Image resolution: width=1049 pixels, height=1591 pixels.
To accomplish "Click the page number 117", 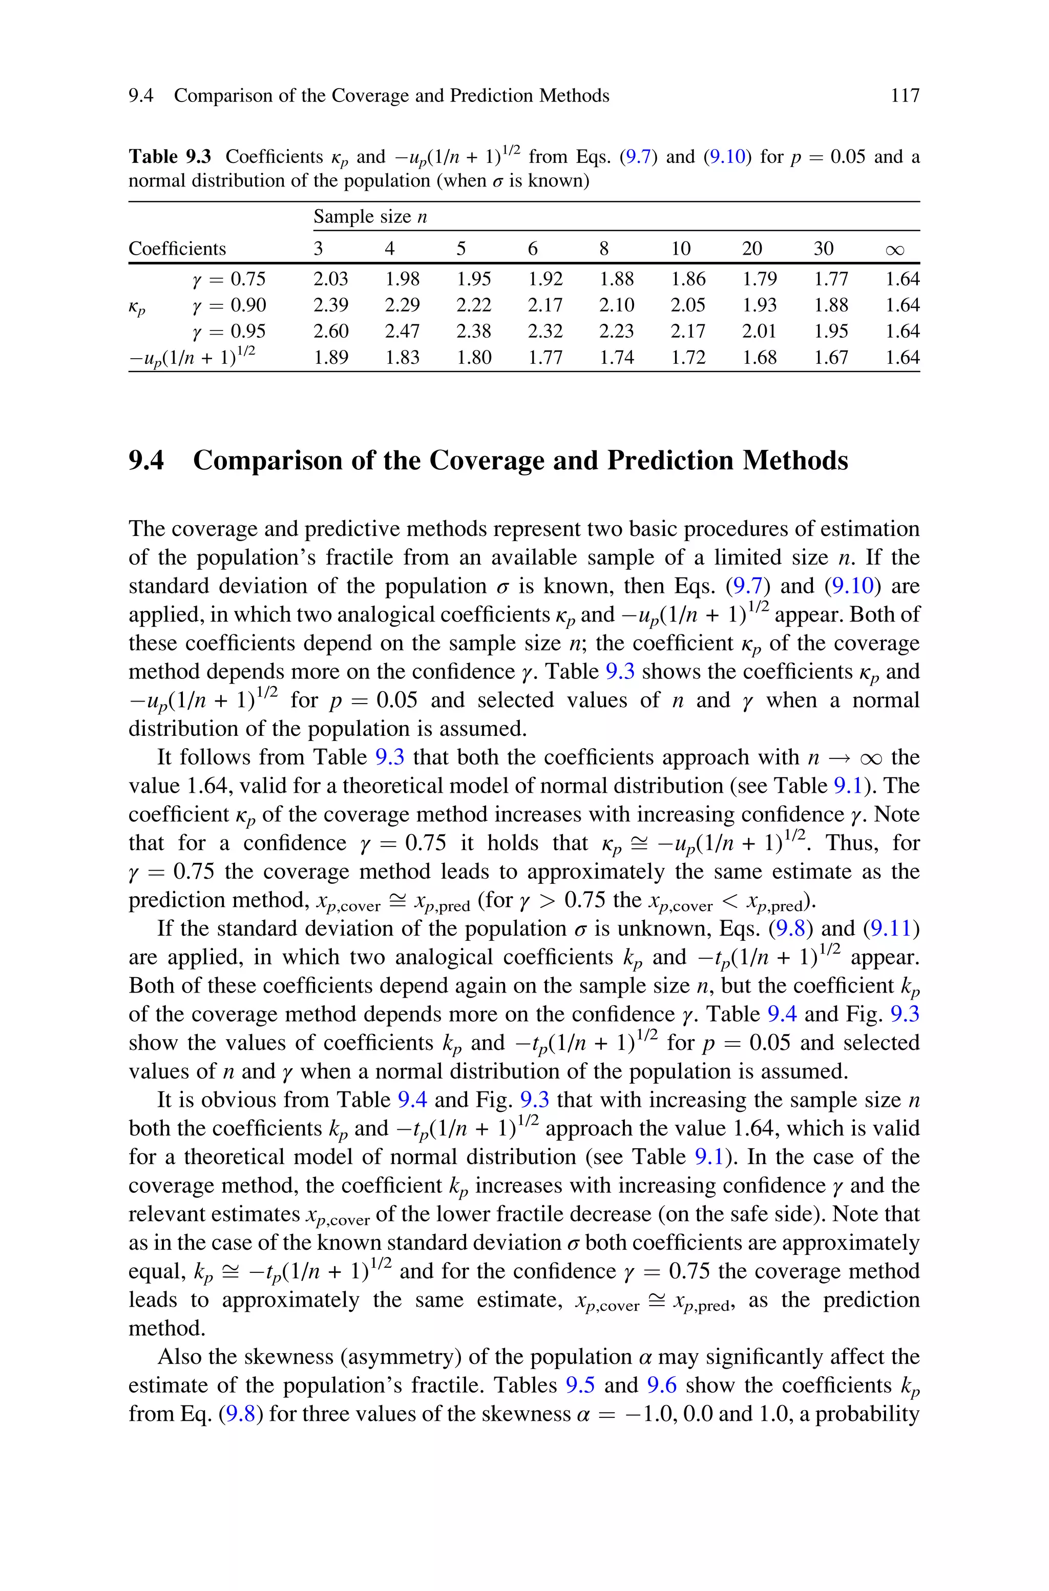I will pyautogui.click(x=905, y=96).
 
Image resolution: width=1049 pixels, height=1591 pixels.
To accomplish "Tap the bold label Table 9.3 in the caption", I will pyautogui.click(x=169, y=157).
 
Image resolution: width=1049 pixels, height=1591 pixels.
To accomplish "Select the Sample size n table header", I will pyautogui.click(x=370, y=217).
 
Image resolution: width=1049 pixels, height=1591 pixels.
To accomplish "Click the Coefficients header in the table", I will pyautogui.click(x=177, y=249).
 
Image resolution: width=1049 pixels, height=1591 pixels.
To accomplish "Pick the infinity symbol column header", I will pyautogui.click(x=894, y=250).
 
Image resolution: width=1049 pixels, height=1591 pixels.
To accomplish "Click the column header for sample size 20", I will pyautogui.click(x=752, y=249).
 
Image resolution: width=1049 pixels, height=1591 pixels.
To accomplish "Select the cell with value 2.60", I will pyautogui.click(x=331, y=331).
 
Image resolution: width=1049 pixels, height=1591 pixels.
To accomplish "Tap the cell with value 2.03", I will pyautogui.click(x=331, y=279).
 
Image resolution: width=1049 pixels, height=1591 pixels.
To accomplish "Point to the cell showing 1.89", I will pyautogui.click(x=331, y=357).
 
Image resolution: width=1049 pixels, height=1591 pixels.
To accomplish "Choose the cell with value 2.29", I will pyautogui.click(x=403, y=305).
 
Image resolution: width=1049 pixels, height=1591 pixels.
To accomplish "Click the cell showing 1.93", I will pyautogui.click(x=759, y=305).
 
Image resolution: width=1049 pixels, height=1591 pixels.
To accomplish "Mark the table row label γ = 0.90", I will pyautogui.click(x=229, y=305).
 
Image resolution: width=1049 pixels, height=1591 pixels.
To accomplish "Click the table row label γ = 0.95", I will pyautogui.click(x=229, y=331).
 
